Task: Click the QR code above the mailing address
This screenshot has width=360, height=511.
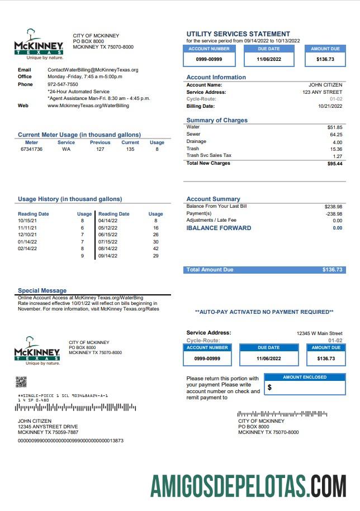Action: coord(21,382)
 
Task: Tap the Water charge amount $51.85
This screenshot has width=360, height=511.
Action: coord(335,127)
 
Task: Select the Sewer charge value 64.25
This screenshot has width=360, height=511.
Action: coord(336,135)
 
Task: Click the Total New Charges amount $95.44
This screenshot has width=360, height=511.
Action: coord(335,164)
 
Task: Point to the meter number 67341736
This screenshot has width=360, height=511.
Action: coord(31,150)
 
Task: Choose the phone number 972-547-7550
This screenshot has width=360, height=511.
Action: coord(63,84)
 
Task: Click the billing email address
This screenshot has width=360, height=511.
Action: coord(93,70)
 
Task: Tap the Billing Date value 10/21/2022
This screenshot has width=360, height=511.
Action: coord(330,106)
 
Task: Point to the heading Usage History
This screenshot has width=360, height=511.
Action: coord(70,199)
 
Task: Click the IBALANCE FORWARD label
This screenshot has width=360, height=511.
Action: coord(219,228)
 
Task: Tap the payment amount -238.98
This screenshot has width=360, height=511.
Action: coord(334,213)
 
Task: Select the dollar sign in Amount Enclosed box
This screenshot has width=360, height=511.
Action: coord(270,387)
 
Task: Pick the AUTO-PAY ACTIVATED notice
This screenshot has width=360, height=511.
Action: coord(264,312)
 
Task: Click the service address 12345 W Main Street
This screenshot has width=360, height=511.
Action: coord(319,333)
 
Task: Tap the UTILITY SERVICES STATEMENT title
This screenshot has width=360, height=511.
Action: coord(238,34)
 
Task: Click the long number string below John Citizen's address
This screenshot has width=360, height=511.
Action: coord(70,441)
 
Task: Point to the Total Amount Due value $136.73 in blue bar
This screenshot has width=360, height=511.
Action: coord(332,270)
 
